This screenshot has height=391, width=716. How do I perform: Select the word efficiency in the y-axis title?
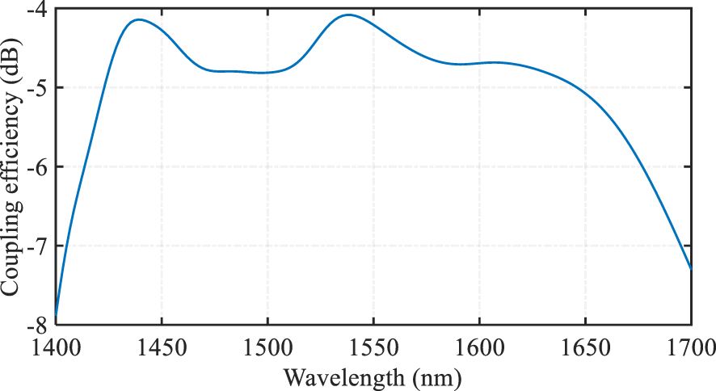coord(12,151)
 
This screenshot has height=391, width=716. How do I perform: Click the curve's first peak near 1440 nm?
coord(138,19)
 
